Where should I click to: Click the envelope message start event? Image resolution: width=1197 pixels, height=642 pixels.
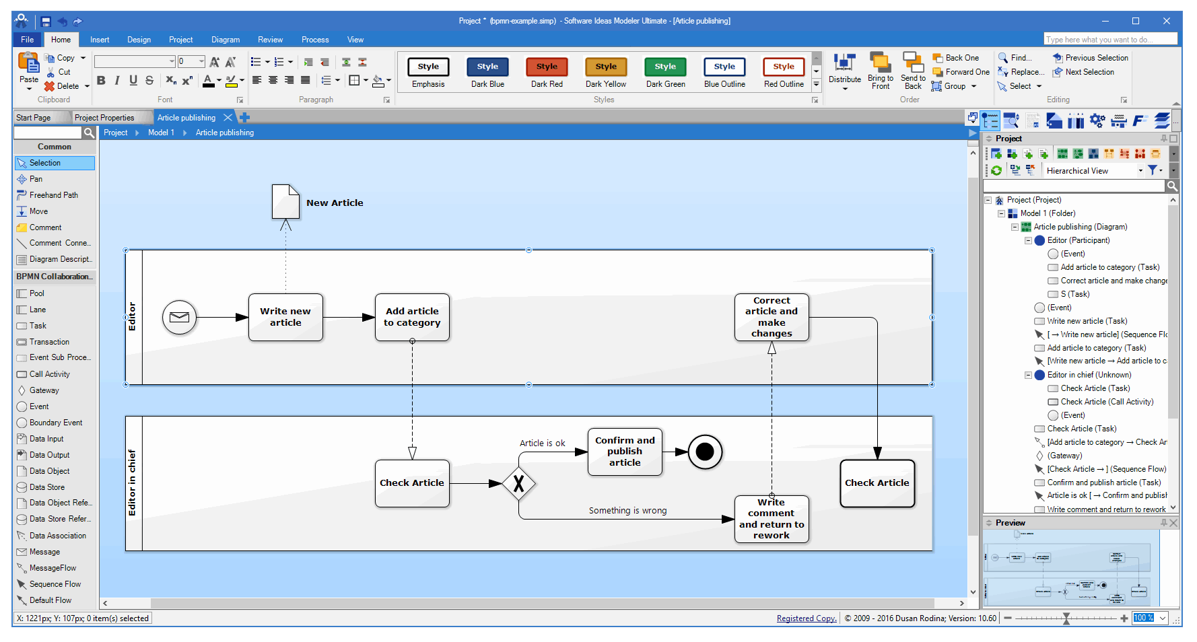[179, 317]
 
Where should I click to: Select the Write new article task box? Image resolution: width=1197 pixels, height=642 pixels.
[285, 317]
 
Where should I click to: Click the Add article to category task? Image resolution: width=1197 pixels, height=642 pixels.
[412, 317]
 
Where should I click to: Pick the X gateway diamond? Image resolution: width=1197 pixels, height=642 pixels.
[518, 483]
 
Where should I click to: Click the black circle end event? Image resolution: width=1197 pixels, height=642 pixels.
[704, 452]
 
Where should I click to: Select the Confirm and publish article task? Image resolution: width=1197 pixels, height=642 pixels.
[625, 452]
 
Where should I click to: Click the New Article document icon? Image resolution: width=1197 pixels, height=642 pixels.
[285, 201]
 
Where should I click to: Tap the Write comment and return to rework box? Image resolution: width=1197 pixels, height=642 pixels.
[772, 519]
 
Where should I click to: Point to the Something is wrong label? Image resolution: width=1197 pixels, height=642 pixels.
[627, 511]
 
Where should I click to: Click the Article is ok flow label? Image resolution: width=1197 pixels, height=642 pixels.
[542, 443]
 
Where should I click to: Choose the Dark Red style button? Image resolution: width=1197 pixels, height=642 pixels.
[547, 67]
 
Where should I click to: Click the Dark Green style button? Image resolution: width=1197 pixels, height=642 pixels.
[665, 67]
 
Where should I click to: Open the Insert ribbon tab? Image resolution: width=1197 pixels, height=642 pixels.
[100, 40]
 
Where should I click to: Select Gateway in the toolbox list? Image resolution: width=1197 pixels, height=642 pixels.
[44, 390]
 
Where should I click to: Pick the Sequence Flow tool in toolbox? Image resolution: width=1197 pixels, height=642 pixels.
[55, 584]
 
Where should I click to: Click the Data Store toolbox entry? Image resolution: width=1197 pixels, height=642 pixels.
[47, 487]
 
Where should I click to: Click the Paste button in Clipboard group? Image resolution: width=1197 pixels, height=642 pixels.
[29, 68]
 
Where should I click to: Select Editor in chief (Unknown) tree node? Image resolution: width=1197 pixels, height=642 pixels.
[1089, 375]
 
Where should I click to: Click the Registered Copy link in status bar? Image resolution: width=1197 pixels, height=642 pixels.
[806, 618]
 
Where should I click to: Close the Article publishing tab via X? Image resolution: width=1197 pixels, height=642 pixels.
[228, 118]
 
